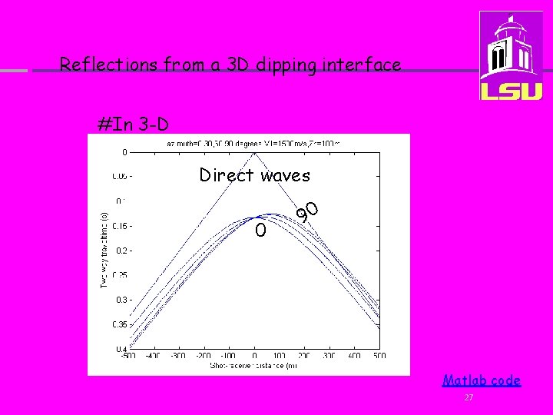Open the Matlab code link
482,380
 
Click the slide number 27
469,397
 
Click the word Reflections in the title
108,65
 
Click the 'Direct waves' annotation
255,175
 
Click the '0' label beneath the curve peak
261,230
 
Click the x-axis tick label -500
128,356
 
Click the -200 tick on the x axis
203,356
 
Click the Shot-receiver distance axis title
254,366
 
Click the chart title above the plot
254,143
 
